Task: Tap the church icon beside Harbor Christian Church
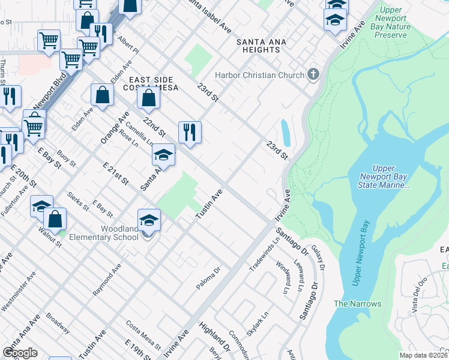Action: click(x=312, y=75)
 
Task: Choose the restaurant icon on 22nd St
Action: click(x=190, y=132)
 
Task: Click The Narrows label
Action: click(x=357, y=304)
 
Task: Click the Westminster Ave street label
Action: click(x=17, y=291)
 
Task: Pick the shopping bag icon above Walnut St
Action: click(x=55, y=219)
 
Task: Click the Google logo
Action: click(x=20, y=352)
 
